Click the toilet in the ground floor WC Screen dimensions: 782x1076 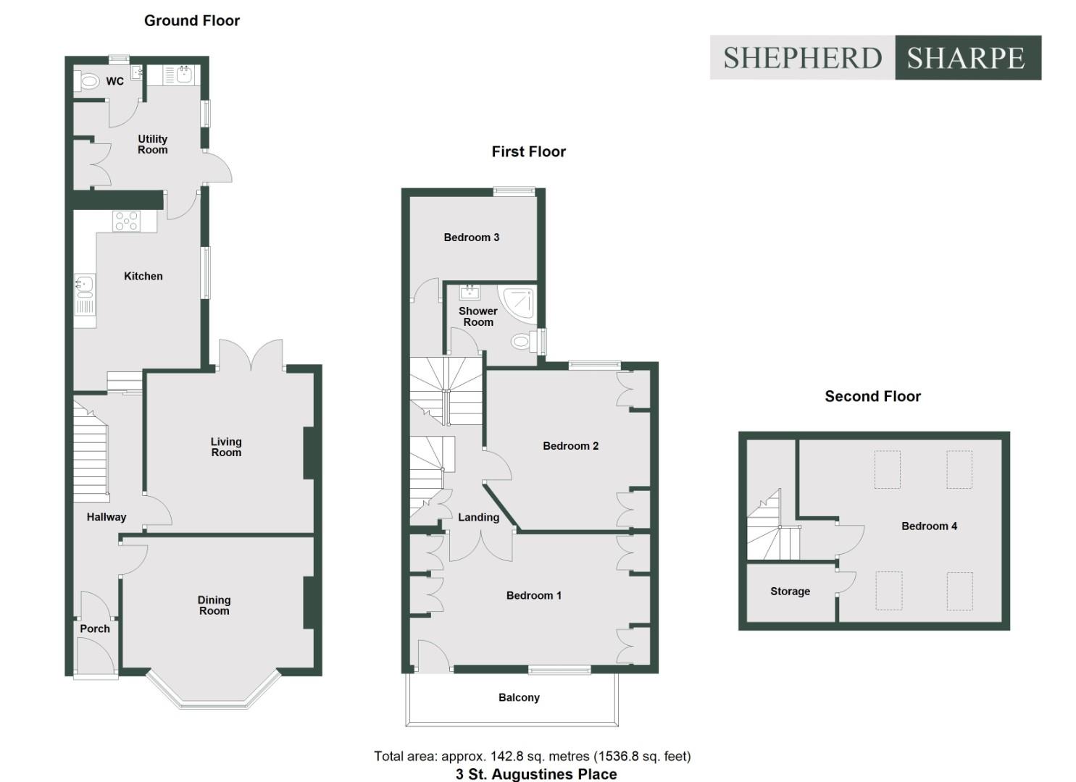88,81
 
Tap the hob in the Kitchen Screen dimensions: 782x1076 126,221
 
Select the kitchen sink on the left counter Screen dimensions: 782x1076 84,287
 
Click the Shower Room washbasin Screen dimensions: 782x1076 470,292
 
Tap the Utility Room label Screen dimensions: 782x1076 152,144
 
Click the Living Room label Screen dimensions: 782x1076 226,447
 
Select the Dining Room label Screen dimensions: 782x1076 214,605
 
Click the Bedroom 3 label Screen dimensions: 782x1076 471,237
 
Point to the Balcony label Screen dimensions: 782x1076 519,697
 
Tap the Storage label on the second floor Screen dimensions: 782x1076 790,592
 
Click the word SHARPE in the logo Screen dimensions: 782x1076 966,58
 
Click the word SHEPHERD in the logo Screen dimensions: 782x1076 802,58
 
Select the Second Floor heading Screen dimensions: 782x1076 872,396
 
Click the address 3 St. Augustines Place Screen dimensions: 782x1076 536,774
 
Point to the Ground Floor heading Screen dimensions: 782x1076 192,20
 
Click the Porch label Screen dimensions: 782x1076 95,628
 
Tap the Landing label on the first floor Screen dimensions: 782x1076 478,517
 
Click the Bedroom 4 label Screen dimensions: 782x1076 929,526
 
